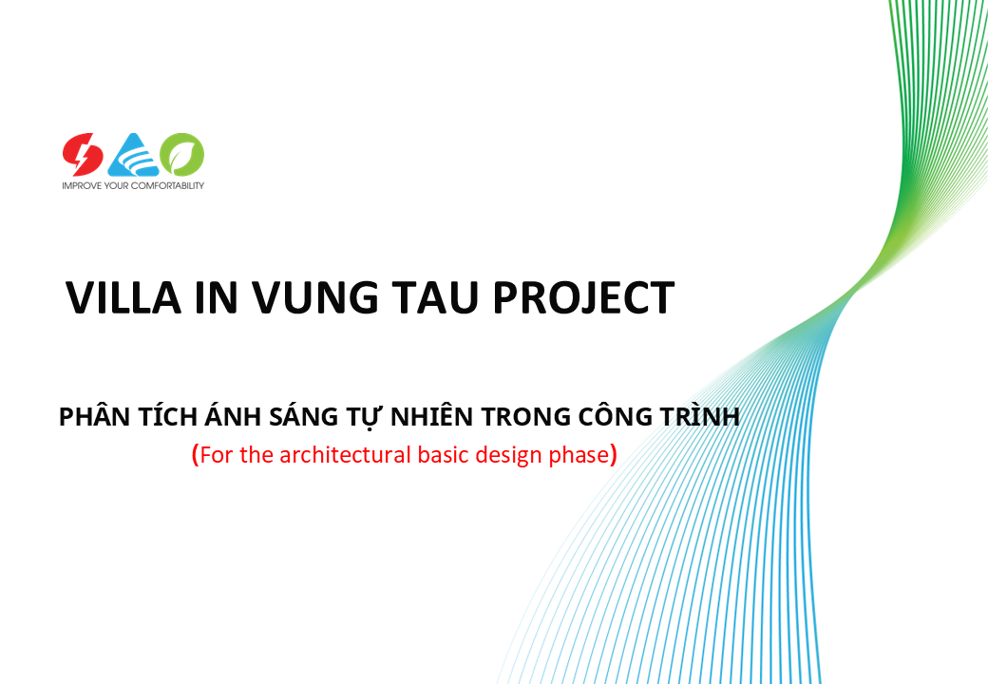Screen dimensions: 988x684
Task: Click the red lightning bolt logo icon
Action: [83, 154]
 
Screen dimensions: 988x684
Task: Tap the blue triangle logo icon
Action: [133, 155]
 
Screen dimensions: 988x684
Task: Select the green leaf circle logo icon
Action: [182, 154]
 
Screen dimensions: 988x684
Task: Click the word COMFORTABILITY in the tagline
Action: [167, 186]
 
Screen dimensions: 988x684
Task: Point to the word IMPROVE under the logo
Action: [82, 186]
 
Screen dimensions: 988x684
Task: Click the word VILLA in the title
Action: [123, 297]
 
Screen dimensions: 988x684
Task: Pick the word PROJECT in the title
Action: [583, 297]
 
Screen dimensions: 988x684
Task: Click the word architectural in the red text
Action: [345, 455]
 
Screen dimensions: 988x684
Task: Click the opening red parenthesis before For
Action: [196, 455]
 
